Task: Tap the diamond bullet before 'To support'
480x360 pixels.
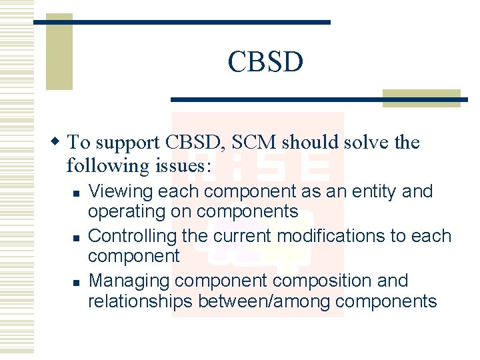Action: [x=57, y=142]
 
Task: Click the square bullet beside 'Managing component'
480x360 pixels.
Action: [x=77, y=282]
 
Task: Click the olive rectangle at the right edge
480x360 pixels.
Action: [x=431, y=98]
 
